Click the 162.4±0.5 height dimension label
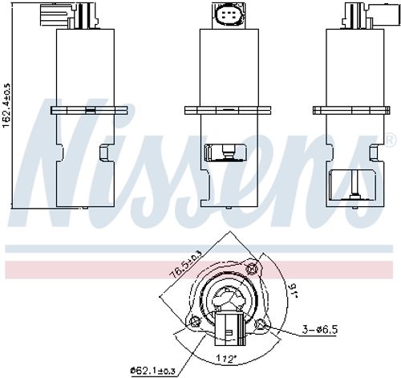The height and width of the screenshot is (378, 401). (6, 106)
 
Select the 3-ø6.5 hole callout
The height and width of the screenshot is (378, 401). (320, 329)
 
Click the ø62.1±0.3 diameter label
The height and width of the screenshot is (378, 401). (152, 371)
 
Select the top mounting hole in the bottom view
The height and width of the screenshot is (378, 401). (252, 269)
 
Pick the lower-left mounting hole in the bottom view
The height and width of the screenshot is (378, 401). (194, 322)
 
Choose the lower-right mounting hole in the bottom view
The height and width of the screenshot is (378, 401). (260, 324)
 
